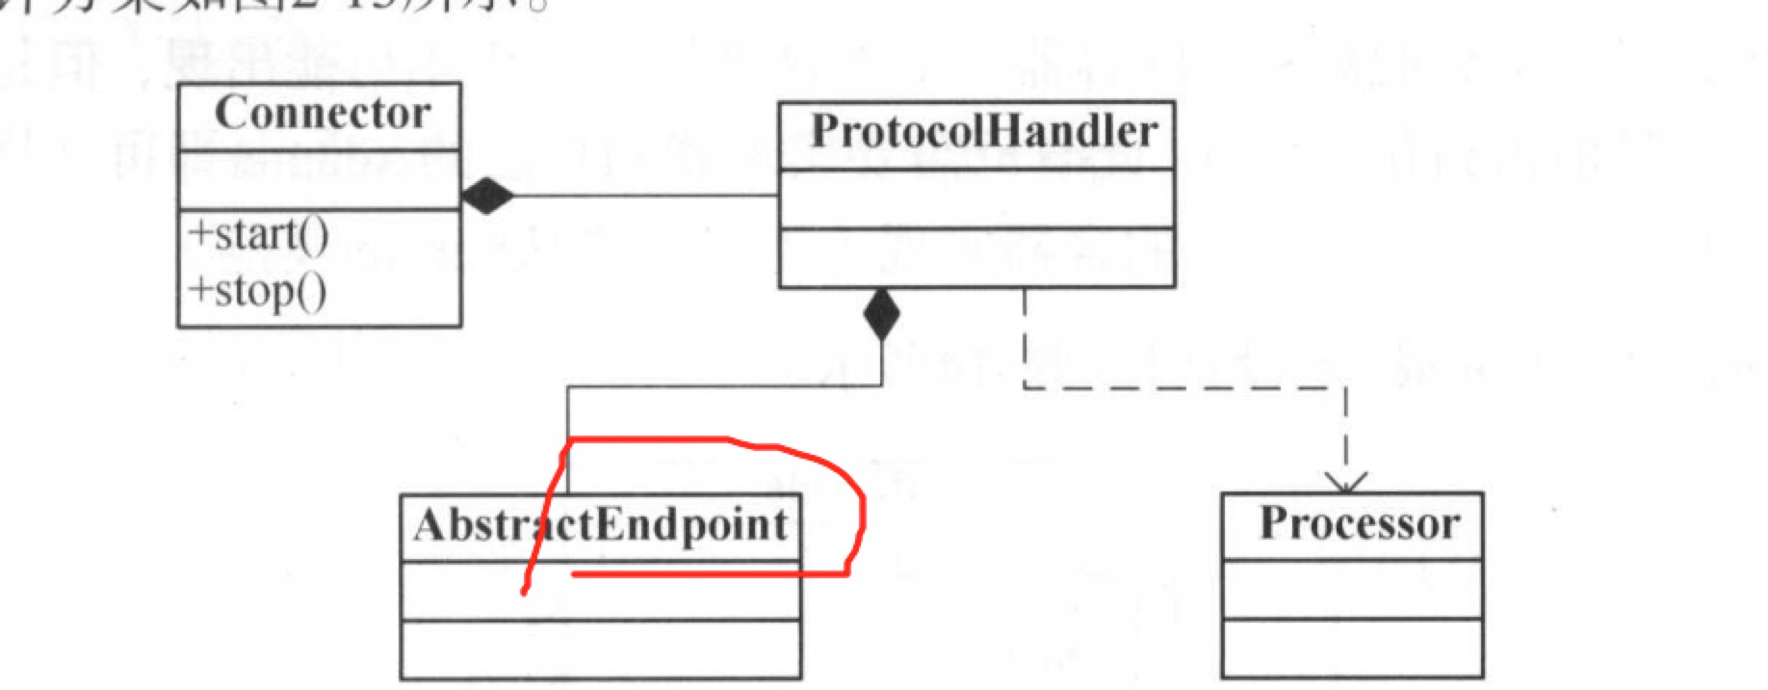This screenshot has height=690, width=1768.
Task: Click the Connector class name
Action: point(323,114)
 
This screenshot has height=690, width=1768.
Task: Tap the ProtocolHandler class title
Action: point(983,132)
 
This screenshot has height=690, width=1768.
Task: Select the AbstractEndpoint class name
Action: point(601,525)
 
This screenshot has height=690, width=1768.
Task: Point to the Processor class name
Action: point(1360,523)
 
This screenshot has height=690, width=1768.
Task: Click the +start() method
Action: point(259,234)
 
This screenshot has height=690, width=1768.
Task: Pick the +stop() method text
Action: point(257,290)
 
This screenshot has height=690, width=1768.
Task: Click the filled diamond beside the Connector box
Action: point(487,196)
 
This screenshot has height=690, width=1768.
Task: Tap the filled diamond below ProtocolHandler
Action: point(881,314)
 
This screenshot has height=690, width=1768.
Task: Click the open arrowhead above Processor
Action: point(1345,481)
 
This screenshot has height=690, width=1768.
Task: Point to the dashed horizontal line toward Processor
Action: point(1184,388)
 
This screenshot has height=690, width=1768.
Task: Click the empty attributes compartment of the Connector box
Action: point(320,179)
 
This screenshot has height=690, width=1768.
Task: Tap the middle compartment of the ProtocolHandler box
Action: point(976,199)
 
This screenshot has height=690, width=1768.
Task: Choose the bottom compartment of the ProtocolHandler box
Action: point(976,258)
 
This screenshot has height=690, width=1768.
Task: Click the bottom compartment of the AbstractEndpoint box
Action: point(601,650)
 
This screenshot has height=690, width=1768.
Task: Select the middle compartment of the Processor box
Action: point(1352,590)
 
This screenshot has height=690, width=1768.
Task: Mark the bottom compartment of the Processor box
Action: point(1352,648)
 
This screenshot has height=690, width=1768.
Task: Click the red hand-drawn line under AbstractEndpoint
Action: point(708,575)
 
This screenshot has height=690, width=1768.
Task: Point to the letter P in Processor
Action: point(1276,523)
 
